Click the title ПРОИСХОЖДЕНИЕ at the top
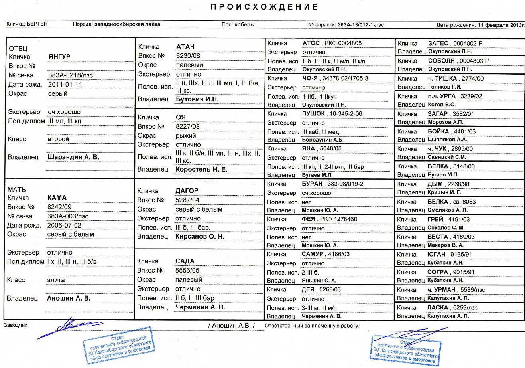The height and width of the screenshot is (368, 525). pos(264,7)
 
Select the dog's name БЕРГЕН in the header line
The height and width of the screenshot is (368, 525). pos(37,24)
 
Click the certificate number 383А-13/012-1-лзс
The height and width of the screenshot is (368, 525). pos(361,25)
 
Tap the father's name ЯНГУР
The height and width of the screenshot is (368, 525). pos(59,57)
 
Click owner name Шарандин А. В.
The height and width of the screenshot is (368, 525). pos(73,157)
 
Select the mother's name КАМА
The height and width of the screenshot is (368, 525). pos(57,198)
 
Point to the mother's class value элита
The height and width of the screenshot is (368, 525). pos(56,280)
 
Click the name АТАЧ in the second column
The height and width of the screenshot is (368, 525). pos(185,47)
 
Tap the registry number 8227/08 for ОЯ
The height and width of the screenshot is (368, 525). pos(188,126)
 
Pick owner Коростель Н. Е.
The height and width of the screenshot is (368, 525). pos(201,169)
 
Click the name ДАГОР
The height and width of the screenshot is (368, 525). pos(187,191)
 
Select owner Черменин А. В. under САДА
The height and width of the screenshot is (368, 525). pos(200,307)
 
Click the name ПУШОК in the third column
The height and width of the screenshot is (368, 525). pos(313,113)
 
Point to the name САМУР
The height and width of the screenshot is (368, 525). pos(312,254)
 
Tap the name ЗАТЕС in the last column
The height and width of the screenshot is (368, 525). pos(438,43)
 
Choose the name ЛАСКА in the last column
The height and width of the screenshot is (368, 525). pos(437,307)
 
